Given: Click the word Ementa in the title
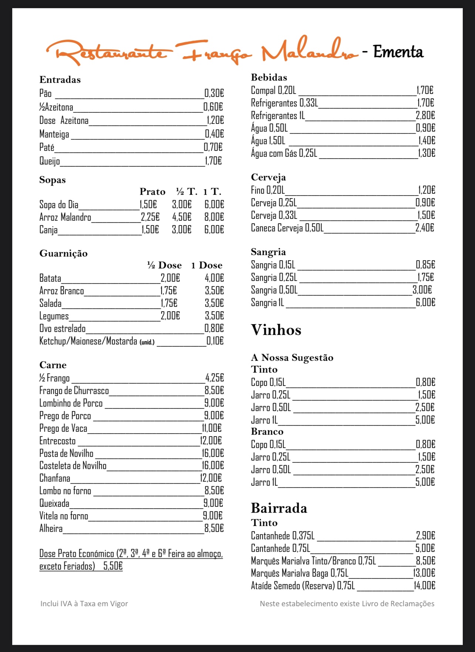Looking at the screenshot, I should pyautogui.click(x=398, y=52).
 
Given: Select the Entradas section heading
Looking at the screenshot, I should pyautogui.click(x=60, y=80).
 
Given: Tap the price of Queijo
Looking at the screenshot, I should pyautogui.click(x=213, y=161).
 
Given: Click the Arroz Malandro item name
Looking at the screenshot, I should pyautogui.click(x=65, y=217).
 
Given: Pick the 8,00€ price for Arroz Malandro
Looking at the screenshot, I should pyautogui.click(x=214, y=217).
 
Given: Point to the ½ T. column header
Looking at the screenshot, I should pyautogui.click(x=186, y=191).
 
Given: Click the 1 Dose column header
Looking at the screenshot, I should pyautogui.click(x=207, y=265).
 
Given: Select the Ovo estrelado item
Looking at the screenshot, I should pyautogui.click(x=63, y=329).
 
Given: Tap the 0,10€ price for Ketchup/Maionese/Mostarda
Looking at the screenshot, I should pyautogui.click(x=215, y=341).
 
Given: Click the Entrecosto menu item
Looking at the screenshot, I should pyautogui.click(x=57, y=441).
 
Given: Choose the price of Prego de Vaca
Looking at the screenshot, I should pyautogui.click(x=212, y=428).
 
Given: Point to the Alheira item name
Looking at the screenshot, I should pyautogui.click(x=51, y=529).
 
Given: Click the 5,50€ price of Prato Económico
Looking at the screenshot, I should pyautogui.click(x=113, y=566).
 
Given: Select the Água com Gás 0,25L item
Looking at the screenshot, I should pyautogui.click(x=284, y=153).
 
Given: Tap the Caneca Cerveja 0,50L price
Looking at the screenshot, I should pyautogui.click(x=425, y=228).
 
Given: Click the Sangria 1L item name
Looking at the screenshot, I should pyautogui.click(x=267, y=303).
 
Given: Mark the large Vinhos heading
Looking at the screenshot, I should pyautogui.click(x=276, y=330).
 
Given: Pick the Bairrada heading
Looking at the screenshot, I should pyautogui.click(x=279, y=508).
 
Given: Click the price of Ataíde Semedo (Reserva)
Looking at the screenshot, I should pyautogui.click(x=424, y=585).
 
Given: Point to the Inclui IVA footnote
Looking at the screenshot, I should pyautogui.click(x=84, y=604).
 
